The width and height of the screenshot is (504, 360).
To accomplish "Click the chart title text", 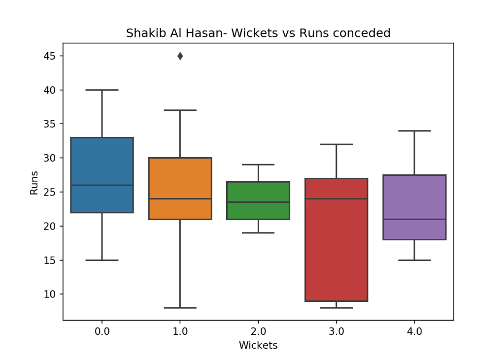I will [258, 33].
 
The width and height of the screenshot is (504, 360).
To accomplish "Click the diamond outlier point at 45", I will [180, 56].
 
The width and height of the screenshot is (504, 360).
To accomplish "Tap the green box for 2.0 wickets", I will [258, 192].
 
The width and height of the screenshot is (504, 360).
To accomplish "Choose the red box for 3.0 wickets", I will [336, 246].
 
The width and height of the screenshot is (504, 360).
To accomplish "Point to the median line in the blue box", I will [102, 185].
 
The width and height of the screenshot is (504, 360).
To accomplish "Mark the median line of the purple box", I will [414, 219].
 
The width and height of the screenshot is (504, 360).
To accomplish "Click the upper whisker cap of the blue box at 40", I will [102, 90].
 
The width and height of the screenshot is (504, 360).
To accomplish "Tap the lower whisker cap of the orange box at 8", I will [180, 308].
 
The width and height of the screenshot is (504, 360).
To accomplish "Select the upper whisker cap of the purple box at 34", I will [414, 131].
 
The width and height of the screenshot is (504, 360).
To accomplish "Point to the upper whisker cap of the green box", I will [258, 164].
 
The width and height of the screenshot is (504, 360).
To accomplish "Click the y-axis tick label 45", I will [49, 56].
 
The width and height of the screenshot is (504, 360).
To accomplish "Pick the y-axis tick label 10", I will [49, 294].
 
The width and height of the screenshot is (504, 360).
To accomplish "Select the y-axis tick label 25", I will [49, 192].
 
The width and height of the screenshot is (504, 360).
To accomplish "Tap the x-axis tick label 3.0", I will [336, 331].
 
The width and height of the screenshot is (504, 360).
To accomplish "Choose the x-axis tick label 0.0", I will [102, 331].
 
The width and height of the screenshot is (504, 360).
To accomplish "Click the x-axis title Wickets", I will [258, 346].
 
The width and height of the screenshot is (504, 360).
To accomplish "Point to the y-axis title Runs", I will [34, 182].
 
